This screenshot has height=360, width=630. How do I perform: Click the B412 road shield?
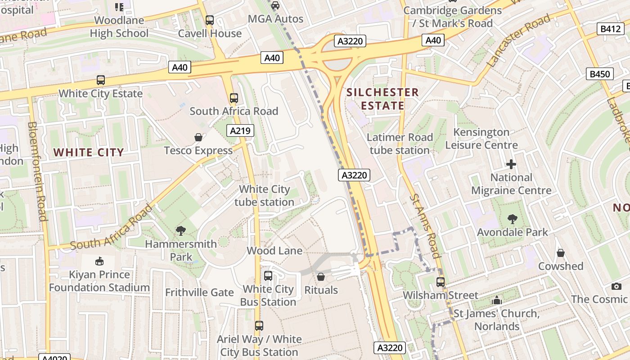click(x=611, y=29)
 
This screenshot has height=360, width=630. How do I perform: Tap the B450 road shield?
click(x=599, y=74)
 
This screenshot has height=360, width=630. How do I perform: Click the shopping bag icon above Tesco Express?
click(x=198, y=137)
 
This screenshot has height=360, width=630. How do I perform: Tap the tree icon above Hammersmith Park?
click(x=181, y=231)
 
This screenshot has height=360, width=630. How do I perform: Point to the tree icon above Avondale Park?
click(x=512, y=219)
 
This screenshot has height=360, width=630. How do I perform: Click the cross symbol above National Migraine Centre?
click(x=511, y=164)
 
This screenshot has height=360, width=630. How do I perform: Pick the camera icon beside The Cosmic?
click(x=616, y=286)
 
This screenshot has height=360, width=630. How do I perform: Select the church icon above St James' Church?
click(x=497, y=300)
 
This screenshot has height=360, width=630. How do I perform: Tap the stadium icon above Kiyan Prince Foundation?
click(x=99, y=261)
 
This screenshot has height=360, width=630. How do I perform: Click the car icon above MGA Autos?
click(x=275, y=5)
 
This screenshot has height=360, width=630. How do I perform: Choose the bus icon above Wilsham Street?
click(x=441, y=282)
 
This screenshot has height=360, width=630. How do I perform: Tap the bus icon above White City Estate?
click(x=101, y=80)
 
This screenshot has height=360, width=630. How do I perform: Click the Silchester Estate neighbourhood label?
click(x=382, y=99)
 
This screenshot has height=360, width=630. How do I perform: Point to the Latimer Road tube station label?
click(x=400, y=144)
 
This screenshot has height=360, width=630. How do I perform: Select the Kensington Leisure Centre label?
click(x=481, y=139)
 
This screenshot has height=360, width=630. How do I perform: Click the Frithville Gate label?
click(x=199, y=292)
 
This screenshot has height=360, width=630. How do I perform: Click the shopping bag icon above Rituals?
click(x=321, y=277)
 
